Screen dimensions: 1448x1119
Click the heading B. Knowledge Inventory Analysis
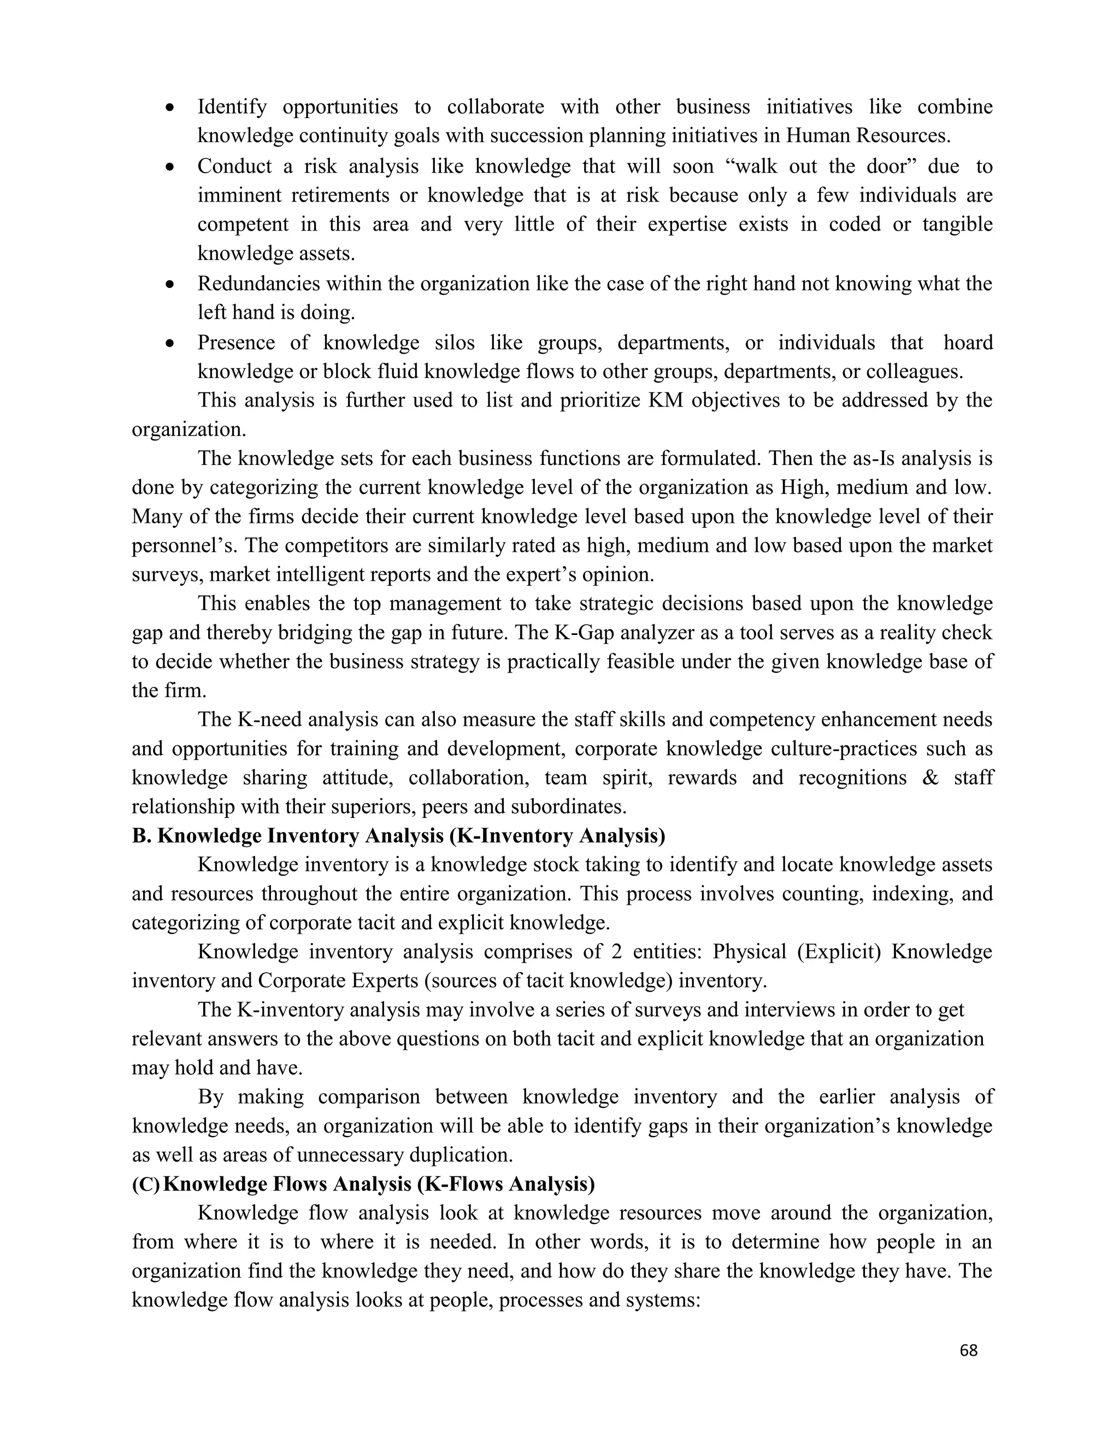click(x=398, y=836)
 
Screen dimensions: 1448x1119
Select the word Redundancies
click(x=261, y=284)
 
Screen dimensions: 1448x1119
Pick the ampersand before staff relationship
click(x=930, y=778)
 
